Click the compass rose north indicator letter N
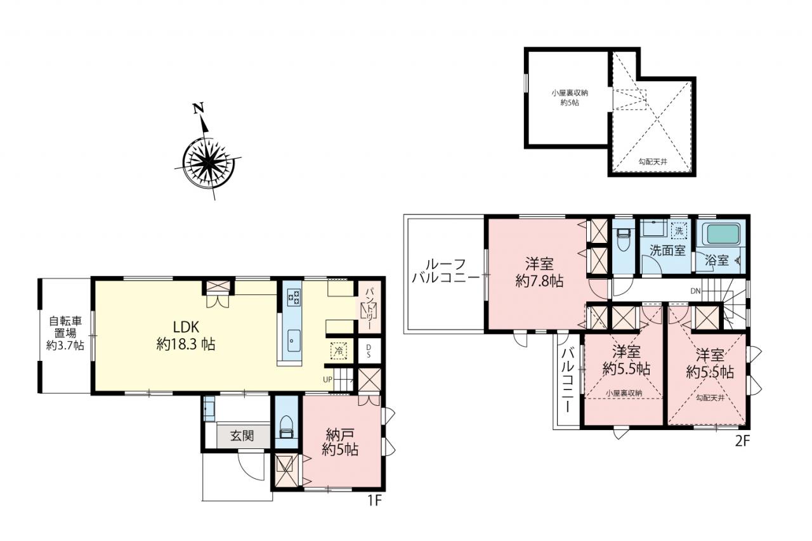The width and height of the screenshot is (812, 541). [199, 108]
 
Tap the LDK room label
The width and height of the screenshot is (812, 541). [186, 327]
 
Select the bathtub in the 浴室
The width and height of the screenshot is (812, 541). [721, 234]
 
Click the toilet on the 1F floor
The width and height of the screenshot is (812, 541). [286, 428]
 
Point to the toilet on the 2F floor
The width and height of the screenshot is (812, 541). [624, 240]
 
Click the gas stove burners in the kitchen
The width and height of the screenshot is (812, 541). [294, 297]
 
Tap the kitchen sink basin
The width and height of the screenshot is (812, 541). [294, 341]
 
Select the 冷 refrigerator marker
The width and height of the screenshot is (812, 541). [338, 351]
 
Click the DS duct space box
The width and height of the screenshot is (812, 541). [369, 351]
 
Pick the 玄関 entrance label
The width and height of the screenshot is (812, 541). [242, 436]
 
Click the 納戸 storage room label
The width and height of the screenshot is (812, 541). [340, 434]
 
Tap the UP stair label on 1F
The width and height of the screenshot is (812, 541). [327, 380]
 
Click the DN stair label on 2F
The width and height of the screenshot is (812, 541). [695, 290]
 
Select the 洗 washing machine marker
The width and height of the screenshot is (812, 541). [679, 230]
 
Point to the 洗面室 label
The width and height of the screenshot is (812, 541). [667, 250]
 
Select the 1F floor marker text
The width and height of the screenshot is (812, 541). [375, 500]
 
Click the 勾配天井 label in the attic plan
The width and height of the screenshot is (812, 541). [653, 162]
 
